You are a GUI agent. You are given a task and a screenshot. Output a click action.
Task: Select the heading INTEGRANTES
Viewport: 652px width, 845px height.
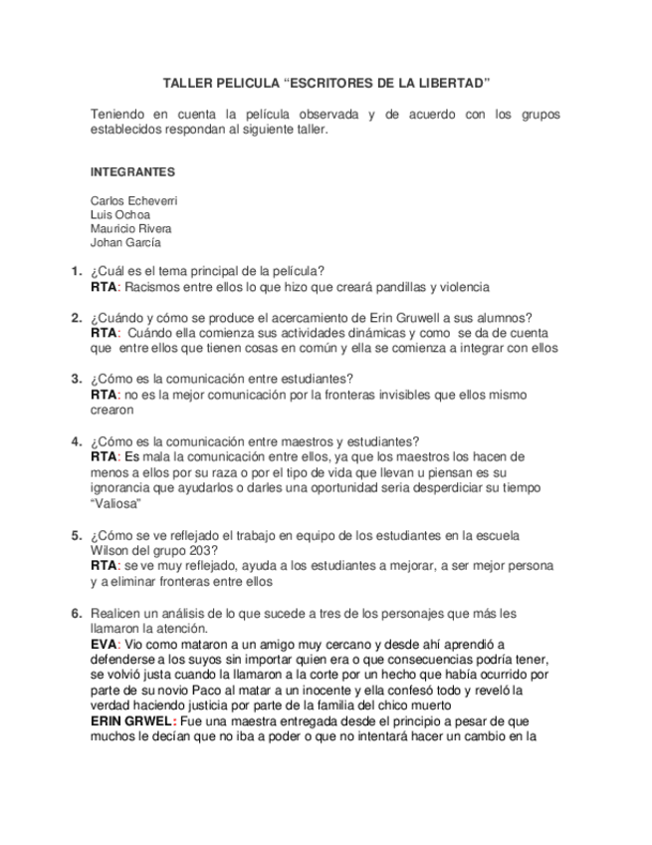coord(132,171)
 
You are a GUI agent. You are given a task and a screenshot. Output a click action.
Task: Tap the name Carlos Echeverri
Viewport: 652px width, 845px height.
coord(134,200)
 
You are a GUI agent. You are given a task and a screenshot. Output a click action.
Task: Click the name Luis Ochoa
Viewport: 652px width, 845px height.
coord(120,214)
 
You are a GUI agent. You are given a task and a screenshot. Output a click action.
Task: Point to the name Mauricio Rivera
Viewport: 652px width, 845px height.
coord(130,228)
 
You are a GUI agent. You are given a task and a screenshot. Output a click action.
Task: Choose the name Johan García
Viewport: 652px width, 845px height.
coord(125,242)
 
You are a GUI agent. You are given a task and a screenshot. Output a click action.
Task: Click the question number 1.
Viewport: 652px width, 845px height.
coord(76,271)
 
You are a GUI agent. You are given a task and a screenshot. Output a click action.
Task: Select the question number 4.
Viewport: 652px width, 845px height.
coord(76,441)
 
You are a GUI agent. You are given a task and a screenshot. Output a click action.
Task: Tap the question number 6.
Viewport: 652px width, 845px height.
coord(76,613)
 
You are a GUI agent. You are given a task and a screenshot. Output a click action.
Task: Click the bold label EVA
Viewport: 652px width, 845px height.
coord(103,645)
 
